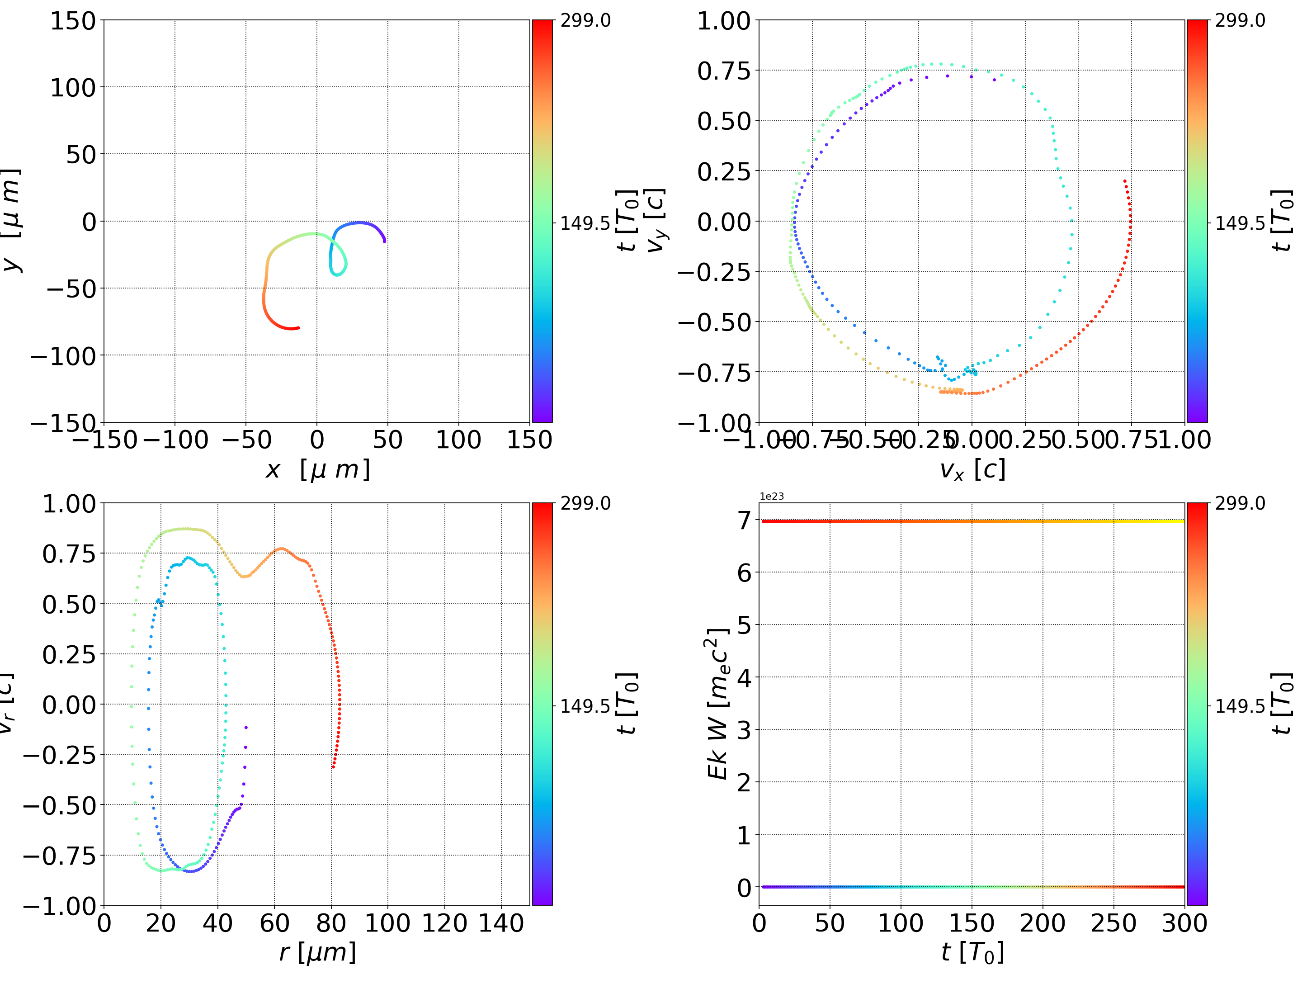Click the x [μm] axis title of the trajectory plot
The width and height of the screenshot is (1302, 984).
click(x=317, y=470)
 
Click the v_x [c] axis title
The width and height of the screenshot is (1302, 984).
click(x=972, y=470)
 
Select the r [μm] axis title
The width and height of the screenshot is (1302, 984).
click(x=317, y=952)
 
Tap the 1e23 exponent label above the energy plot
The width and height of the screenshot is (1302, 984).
click(x=771, y=497)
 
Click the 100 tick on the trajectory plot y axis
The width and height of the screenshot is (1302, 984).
click(x=72, y=88)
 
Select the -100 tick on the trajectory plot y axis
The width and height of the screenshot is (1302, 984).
click(x=63, y=356)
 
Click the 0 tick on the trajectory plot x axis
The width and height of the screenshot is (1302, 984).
click(x=316, y=440)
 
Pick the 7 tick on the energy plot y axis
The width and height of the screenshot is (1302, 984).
click(x=745, y=520)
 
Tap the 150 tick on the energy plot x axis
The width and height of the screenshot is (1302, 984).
click(x=972, y=923)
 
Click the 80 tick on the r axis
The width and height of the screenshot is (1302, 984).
click(x=331, y=923)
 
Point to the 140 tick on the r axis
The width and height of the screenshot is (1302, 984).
click(x=501, y=923)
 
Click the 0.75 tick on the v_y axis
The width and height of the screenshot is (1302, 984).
click(x=724, y=71)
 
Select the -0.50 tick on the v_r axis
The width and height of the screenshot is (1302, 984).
click(x=59, y=805)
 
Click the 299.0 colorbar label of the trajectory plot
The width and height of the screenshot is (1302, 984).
click(x=585, y=21)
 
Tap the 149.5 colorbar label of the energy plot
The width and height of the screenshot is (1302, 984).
click(x=1240, y=705)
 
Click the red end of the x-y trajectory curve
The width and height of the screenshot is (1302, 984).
click(x=298, y=328)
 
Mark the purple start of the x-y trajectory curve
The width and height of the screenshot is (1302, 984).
click(x=384, y=241)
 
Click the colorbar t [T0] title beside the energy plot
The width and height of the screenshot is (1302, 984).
click(x=1282, y=704)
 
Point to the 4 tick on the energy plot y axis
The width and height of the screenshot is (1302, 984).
click(x=745, y=678)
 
